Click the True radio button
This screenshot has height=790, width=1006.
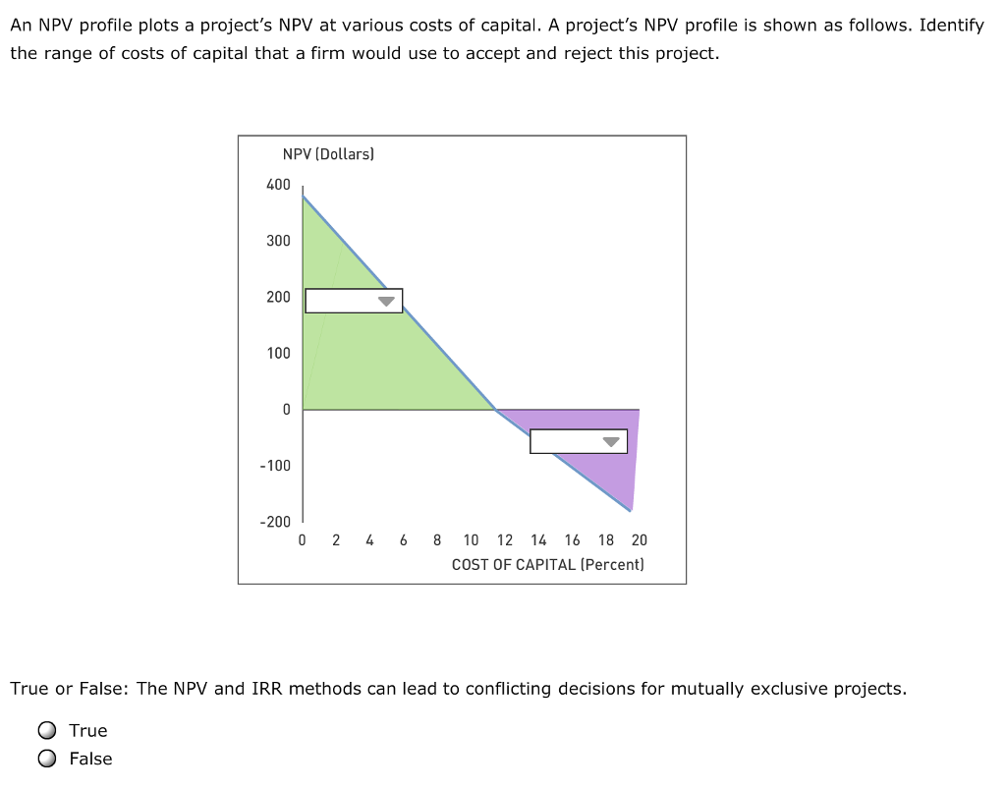click(47, 730)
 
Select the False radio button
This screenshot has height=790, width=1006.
click(47, 759)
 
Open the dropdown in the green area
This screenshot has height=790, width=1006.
click(354, 301)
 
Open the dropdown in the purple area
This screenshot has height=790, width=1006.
click(579, 441)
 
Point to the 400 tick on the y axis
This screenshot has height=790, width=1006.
click(278, 185)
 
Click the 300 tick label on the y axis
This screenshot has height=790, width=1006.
click(278, 241)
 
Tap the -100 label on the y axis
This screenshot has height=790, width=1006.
click(275, 465)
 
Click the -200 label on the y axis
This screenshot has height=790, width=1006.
click(275, 522)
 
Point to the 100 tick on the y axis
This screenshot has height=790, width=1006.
click(278, 353)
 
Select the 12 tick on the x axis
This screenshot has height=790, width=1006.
click(505, 539)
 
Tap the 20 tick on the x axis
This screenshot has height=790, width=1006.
click(640, 539)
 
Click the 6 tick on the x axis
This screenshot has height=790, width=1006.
click(404, 539)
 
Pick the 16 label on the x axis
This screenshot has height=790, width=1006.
click(573, 539)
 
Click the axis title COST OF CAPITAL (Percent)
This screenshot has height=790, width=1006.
click(548, 564)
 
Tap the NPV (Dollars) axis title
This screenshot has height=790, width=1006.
click(328, 154)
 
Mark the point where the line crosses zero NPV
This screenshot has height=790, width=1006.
click(496, 410)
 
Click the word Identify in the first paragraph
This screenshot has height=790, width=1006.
click(951, 26)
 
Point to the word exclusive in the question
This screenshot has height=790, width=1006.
click(790, 688)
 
